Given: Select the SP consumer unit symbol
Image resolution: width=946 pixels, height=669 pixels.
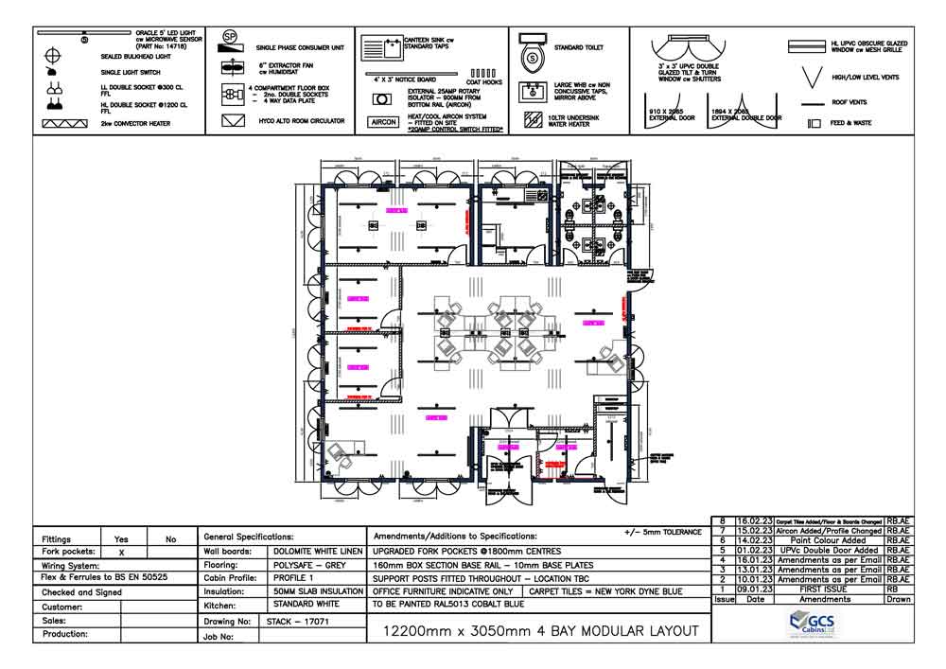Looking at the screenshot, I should [x=229, y=38].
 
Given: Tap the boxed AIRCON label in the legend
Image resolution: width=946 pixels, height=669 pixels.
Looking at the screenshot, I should [x=383, y=123].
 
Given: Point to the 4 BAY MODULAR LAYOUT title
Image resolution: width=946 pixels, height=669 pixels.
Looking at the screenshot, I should [x=539, y=630].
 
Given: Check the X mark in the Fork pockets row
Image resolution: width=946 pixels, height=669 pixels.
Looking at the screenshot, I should [x=121, y=552].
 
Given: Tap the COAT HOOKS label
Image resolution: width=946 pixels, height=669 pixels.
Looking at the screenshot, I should [x=485, y=82].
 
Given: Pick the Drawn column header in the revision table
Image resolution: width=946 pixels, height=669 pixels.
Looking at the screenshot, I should [x=899, y=599].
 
